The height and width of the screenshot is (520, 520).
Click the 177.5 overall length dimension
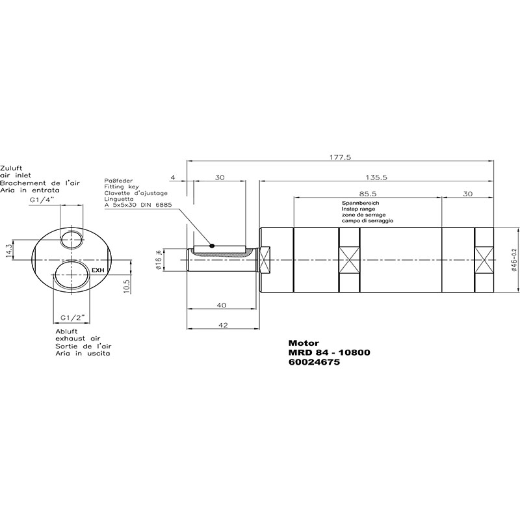(340, 157)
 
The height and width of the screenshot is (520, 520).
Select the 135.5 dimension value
(376, 177)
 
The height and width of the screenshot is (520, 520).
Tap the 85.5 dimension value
(367, 194)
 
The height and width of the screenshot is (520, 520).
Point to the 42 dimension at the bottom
(224, 325)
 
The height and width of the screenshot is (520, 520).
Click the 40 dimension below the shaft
(221, 305)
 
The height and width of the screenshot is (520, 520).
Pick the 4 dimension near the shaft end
(172, 177)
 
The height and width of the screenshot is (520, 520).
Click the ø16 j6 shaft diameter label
(159, 259)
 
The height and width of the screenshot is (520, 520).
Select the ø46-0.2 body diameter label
(514, 261)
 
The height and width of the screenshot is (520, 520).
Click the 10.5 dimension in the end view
(126, 285)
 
